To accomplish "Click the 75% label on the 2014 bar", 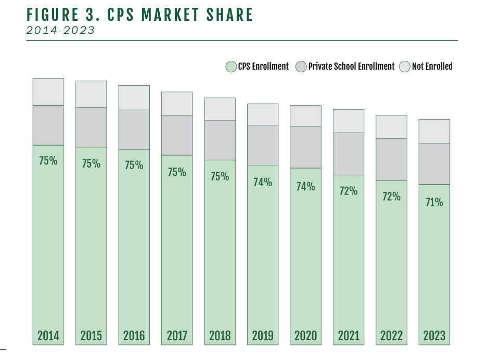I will pyautogui.click(x=48, y=161).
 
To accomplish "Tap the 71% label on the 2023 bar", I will pyautogui.click(x=434, y=202).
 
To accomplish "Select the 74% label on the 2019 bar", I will pyautogui.click(x=263, y=182).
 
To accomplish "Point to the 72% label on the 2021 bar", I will pyautogui.click(x=349, y=191).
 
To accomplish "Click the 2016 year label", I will pyautogui.click(x=134, y=336).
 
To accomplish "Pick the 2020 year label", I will pyautogui.click(x=305, y=336).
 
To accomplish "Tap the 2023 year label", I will pyautogui.click(x=434, y=336).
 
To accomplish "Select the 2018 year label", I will pyautogui.click(x=220, y=336).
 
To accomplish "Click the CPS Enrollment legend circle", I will pyautogui.click(x=231, y=67).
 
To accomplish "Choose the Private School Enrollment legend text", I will pyautogui.click(x=351, y=67).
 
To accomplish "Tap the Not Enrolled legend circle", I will pyautogui.click(x=405, y=67).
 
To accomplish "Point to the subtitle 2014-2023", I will pyautogui.click(x=61, y=30).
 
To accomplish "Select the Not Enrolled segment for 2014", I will pyautogui.click(x=48, y=92).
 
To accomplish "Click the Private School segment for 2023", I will pyautogui.click(x=434, y=164).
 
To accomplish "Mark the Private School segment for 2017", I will pyautogui.click(x=177, y=135).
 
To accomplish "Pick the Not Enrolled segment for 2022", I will pyautogui.click(x=391, y=127).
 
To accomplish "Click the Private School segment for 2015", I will pyautogui.click(x=91, y=127).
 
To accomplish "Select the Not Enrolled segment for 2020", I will pyautogui.click(x=305, y=116).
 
